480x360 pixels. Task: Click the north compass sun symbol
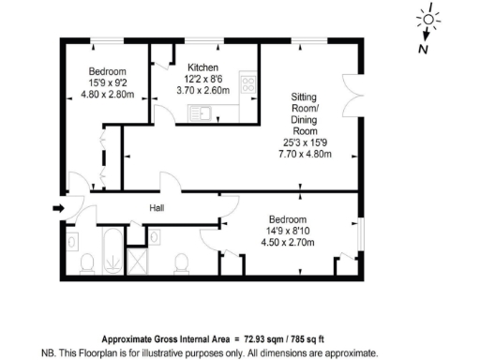pos(428,19)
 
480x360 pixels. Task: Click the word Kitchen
pos(202,67)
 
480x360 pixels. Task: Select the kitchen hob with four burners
pos(249,84)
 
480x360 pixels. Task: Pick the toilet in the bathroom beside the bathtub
pos(85,262)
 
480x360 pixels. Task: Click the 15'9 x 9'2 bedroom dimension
pos(103,82)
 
